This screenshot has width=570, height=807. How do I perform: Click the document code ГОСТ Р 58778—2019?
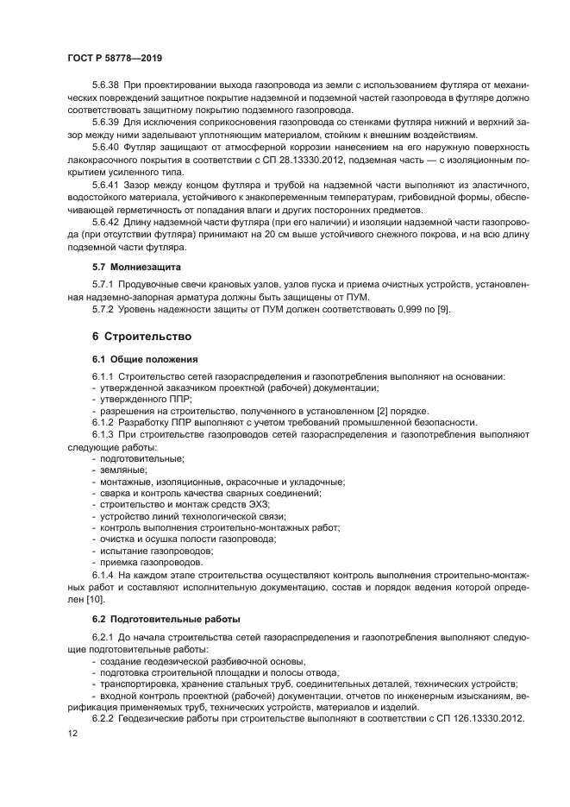click(x=115, y=58)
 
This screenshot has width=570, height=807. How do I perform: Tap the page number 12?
click(x=72, y=733)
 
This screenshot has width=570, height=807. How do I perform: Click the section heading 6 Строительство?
click(x=141, y=335)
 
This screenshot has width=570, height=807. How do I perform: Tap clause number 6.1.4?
click(x=103, y=574)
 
